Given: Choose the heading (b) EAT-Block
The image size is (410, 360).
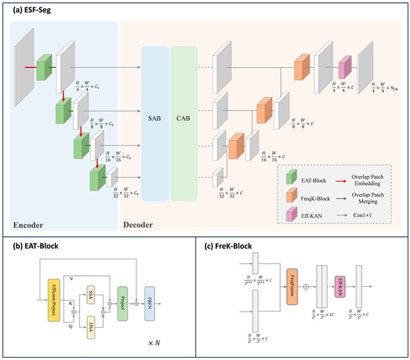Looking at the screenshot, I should (x=38, y=243).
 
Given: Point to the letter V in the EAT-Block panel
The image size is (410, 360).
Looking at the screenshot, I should (x=71, y=277).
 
